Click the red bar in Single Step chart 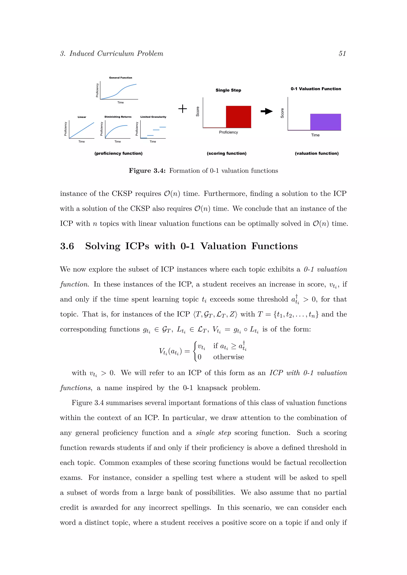point(238,117)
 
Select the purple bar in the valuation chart point(325,122)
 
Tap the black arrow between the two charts point(267,111)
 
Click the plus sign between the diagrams point(182,109)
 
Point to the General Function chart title point(121,78)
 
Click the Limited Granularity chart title point(153,117)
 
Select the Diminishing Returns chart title point(118,117)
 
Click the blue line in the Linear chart point(82,130)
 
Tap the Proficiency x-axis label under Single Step point(228,132)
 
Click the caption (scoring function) point(227,153)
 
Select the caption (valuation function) point(317,153)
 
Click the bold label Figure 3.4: point(147,171)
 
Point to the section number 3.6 point(67,246)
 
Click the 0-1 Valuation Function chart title point(316,89)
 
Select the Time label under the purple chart point(315,135)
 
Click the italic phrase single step point(213,433)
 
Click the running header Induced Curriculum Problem point(116,54)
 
